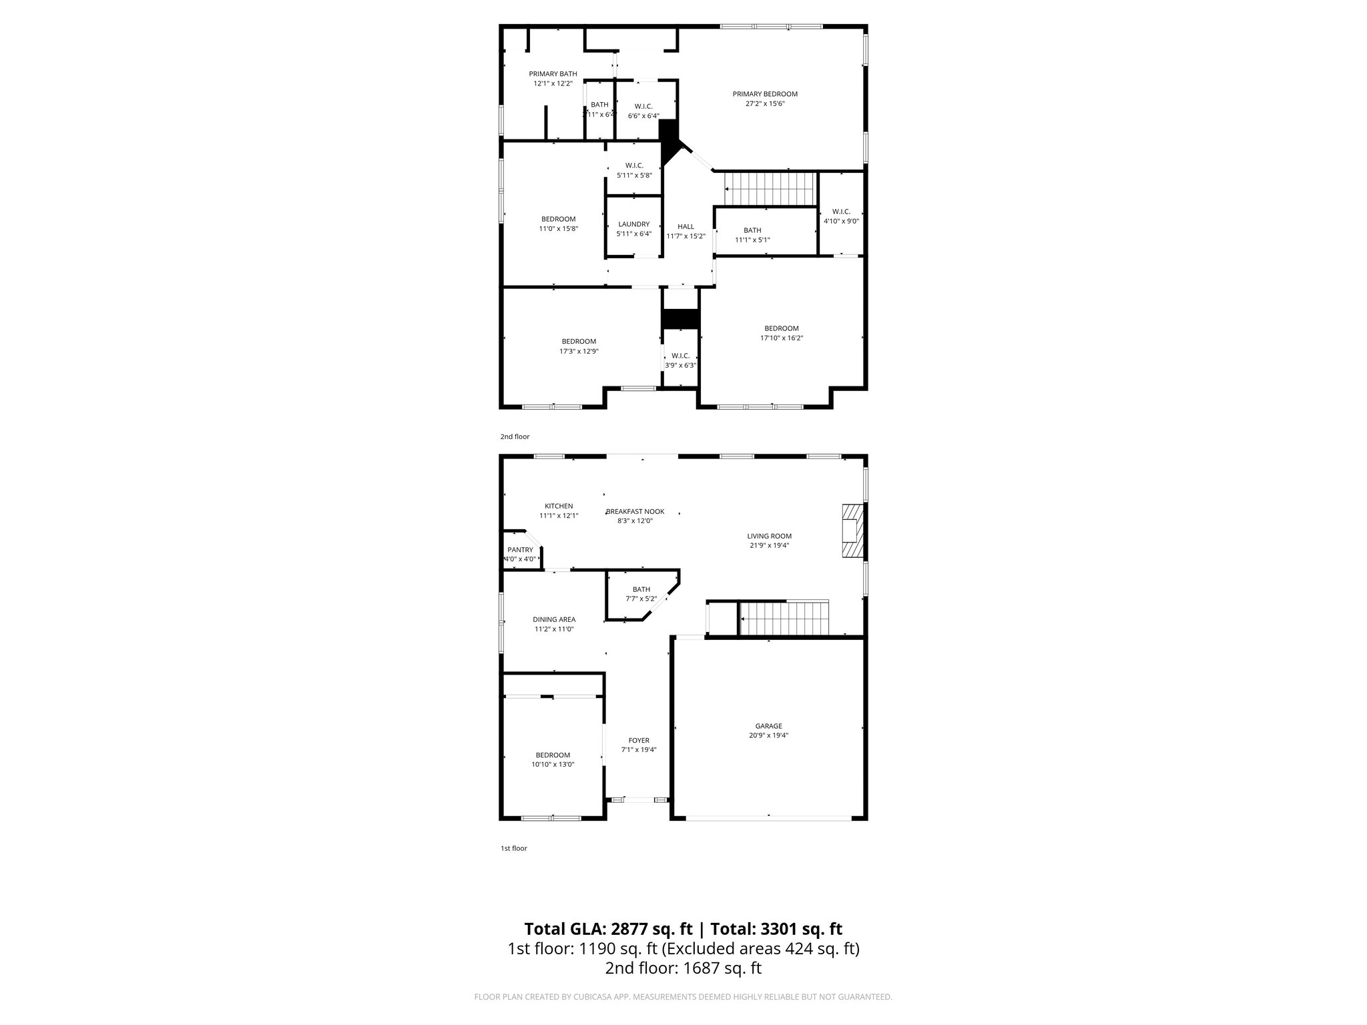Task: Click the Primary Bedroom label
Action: (x=765, y=94)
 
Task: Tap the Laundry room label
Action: (x=633, y=224)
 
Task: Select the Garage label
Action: (x=768, y=726)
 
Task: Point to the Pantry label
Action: (x=520, y=550)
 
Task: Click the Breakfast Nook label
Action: (x=635, y=512)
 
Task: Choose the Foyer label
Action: (x=639, y=740)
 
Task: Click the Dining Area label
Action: (x=554, y=619)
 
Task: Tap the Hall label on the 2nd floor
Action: (x=686, y=227)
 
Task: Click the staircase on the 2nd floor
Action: (x=771, y=190)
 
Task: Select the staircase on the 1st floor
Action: (x=785, y=619)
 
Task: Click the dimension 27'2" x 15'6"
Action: (x=765, y=103)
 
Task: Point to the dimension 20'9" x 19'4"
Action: (x=768, y=735)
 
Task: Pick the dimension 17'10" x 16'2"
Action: (x=781, y=338)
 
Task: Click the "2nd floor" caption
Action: (x=515, y=436)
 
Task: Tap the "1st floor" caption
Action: (x=514, y=848)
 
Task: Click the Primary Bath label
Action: (x=553, y=74)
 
